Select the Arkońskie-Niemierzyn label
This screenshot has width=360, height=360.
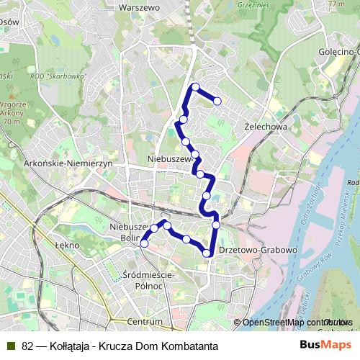point(69,164)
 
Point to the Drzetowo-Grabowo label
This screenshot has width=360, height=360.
point(265,250)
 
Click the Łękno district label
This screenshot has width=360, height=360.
point(66,244)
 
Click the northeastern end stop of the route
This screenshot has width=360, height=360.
point(217,101)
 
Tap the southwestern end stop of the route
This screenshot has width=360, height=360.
point(144,243)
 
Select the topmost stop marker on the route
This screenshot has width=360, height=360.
point(195,86)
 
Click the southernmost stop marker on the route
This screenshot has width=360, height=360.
point(207,252)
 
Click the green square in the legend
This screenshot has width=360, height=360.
point(10,346)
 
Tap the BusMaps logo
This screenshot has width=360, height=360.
point(326,346)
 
